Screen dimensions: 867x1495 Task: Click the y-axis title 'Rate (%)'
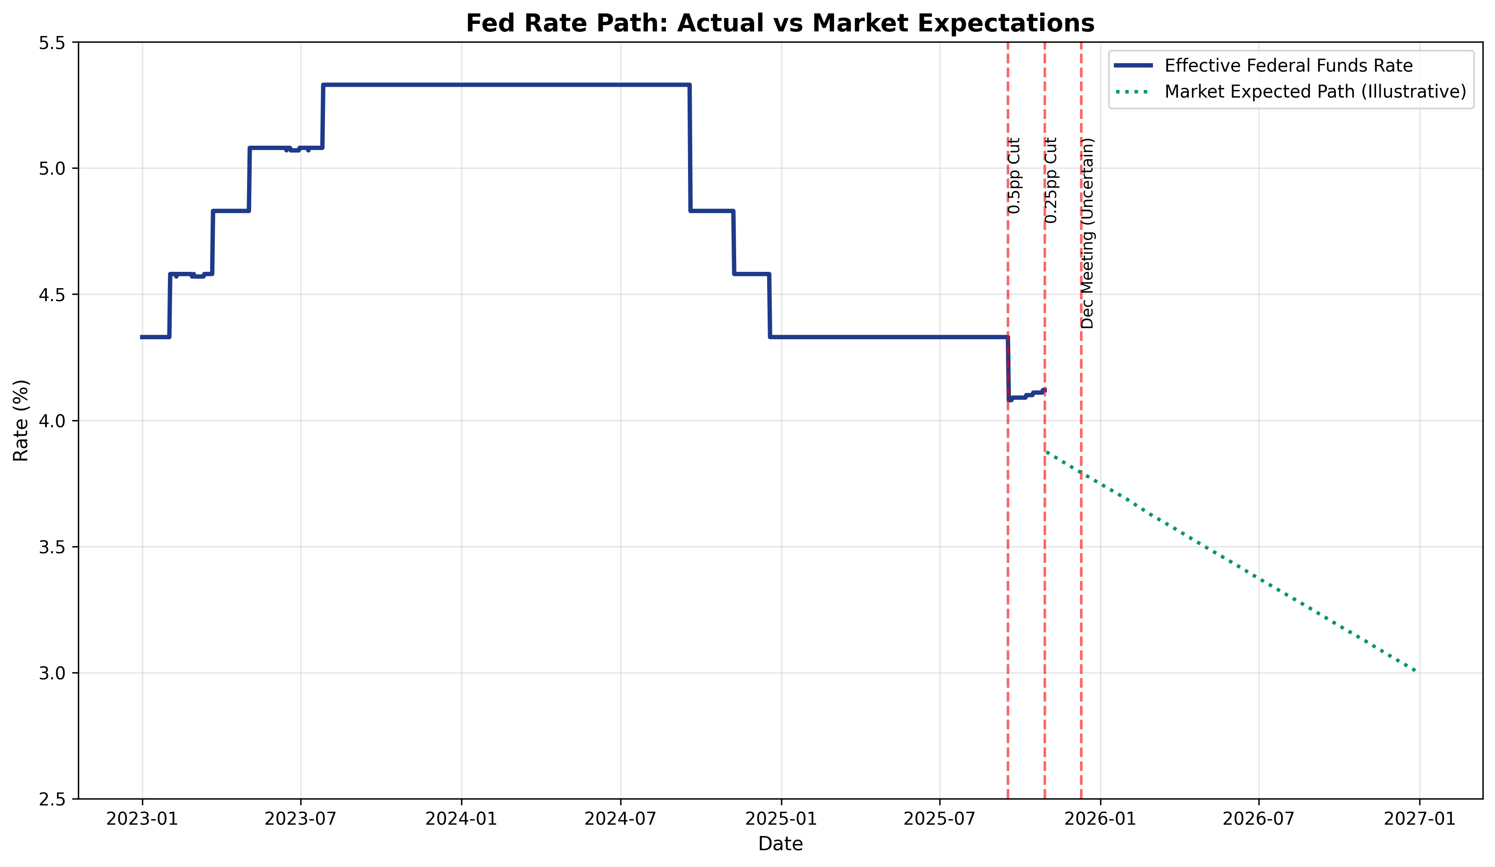(x=21, y=420)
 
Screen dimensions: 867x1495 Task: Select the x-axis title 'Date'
(x=780, y=844)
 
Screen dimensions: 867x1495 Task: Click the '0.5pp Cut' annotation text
(x=1014, y=175)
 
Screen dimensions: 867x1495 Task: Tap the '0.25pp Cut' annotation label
(x=1051, y=181)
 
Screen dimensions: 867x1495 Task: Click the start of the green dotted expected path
(x=1046, y=451)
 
